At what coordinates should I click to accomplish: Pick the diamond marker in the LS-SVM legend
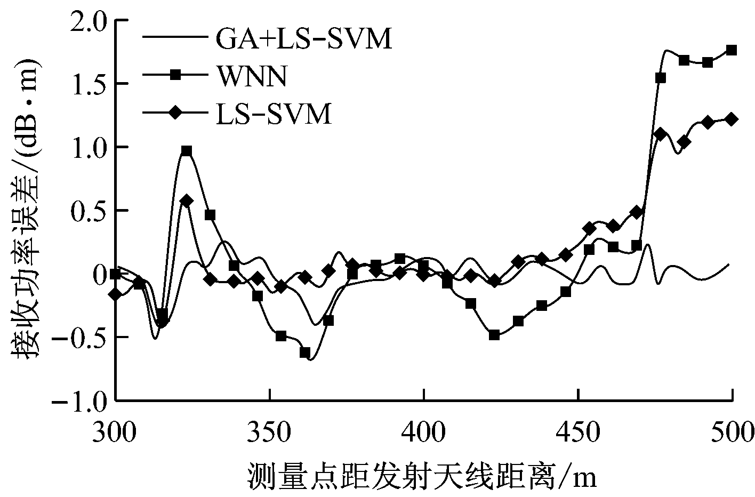click(x=175, y=114)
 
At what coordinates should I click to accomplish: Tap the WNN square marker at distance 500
click(x=732, y=50)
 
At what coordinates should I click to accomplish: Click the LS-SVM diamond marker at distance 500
click(x=732, y=119)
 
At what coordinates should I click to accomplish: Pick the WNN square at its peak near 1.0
click(x=187, y=151)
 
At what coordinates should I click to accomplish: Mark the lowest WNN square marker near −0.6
click(x=305, y=352)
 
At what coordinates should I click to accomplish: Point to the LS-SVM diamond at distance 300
click(x=116, y=294)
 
